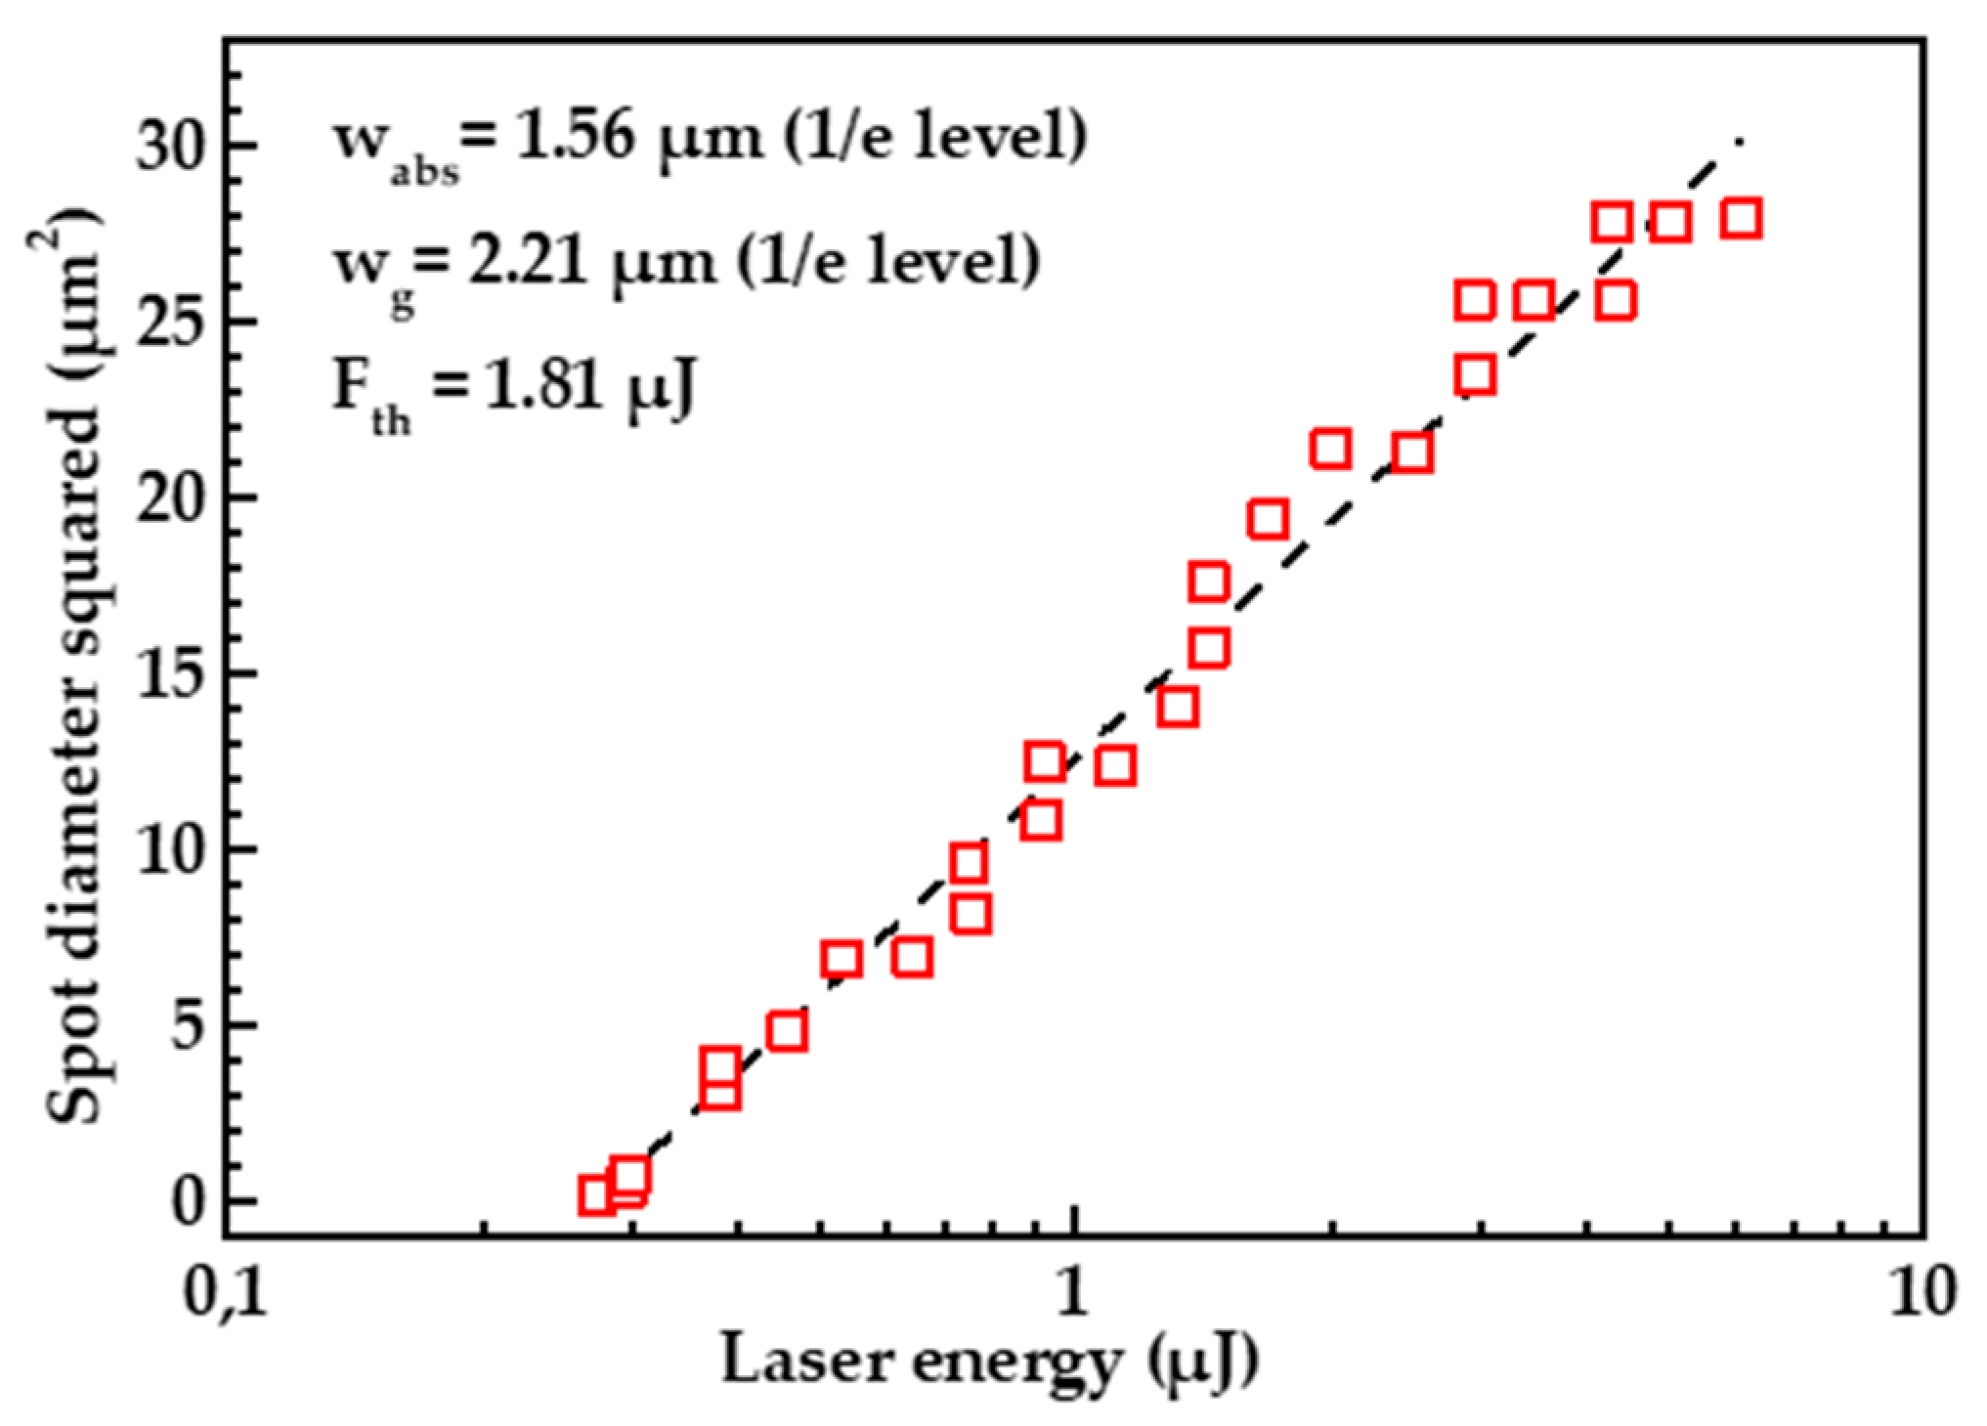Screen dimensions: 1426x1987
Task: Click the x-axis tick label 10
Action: [x=1922, y=1295]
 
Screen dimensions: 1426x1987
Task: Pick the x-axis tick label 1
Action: [x=1073, y=1295]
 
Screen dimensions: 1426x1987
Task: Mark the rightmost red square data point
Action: [x=1742, y=219]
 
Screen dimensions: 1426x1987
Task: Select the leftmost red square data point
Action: [x=596, y=1194]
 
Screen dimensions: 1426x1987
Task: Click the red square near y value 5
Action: [x=787, y=1031]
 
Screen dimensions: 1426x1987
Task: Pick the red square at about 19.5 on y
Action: [x=1268, y=519]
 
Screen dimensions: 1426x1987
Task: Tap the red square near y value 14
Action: [x=1178, y=707]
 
